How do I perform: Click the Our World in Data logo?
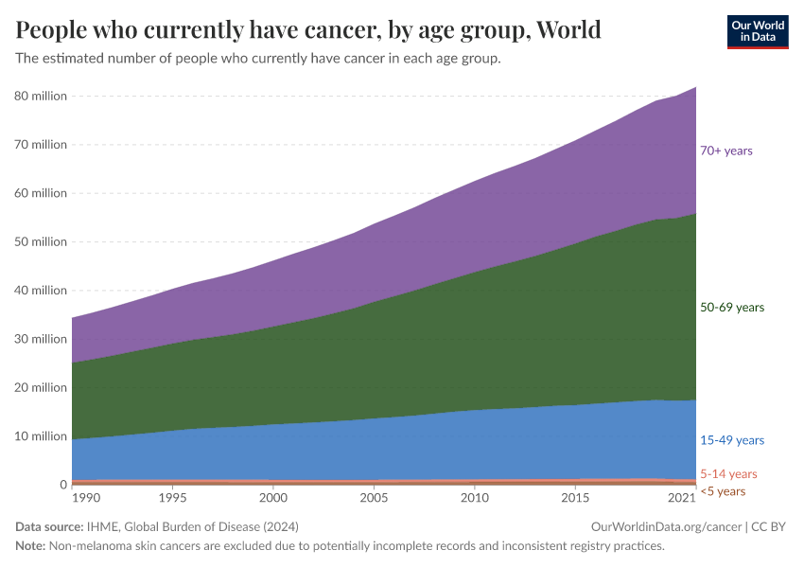(757, 31)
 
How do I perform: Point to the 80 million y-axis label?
(40, 97)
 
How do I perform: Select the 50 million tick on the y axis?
(40, 242)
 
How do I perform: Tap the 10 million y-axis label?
(40, 436)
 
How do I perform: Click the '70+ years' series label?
(725, 151)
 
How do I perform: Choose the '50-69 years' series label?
(731, 308)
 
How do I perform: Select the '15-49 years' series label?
(731, 440)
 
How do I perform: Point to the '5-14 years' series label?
(728, 474)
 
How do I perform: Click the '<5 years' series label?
(723, 491)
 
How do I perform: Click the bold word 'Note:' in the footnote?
(32, 545)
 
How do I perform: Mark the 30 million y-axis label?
(40, 339)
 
